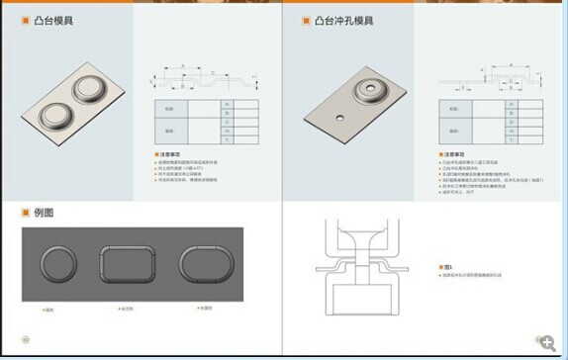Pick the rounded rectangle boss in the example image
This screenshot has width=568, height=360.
point(128,265)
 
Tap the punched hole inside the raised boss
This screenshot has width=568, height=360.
point(373,88)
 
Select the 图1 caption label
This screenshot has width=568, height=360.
point(448,267)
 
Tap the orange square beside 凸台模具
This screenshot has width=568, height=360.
point(28,20)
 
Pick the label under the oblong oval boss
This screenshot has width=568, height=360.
point(204,308)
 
